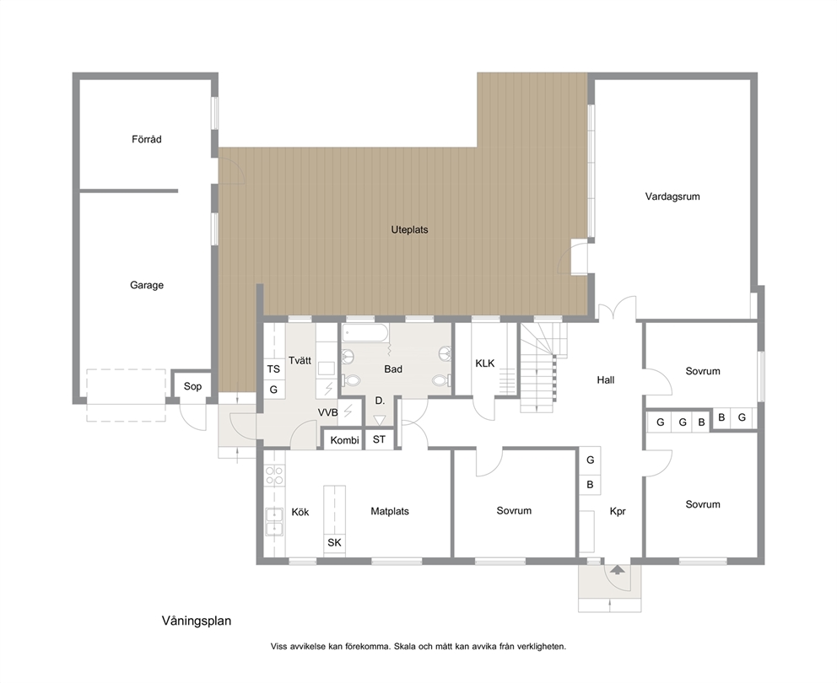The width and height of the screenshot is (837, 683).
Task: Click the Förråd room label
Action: point(146,139)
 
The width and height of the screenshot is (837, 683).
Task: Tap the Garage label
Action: point(147,285)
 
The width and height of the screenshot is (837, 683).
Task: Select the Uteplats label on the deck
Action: point(409,230)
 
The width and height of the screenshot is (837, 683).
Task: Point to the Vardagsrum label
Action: point(672,196)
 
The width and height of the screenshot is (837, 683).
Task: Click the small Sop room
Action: point(192,386)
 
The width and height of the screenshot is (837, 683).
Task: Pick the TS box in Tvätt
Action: point(273,368)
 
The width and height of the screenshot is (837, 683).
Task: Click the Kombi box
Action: point(344,440)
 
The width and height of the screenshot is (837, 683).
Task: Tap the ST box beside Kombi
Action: point(379,439)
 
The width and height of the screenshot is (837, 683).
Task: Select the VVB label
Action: point(327,412)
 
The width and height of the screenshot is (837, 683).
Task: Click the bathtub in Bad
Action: point(365,335)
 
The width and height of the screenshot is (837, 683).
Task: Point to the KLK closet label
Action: point(484,363)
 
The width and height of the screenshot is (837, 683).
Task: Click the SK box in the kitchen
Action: point(334,543)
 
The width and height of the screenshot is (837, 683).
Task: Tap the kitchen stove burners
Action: point(274,475)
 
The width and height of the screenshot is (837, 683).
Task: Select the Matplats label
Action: point(390,511)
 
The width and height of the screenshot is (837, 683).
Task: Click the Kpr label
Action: point(618,511)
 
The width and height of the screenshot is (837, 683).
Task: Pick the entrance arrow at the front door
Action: point(617,570)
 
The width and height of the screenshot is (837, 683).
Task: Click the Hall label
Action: point(605,380)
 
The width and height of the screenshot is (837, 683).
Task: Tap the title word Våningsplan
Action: point(197,621)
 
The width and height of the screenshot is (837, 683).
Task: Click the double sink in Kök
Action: point(274,521)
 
